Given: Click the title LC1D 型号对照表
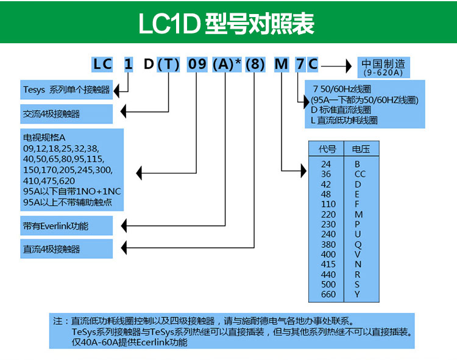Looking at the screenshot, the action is pyautogui.click(x=227, y=23).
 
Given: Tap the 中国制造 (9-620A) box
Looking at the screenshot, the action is pyautogui.click(x=383, y=67).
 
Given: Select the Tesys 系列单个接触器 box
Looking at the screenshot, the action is pyautogui.click(x=66, y=90).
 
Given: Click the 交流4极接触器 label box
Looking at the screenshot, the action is pyautogui.click(x=66, y=114).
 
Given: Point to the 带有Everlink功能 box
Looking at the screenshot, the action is pyautogui.click(x=66, y=226).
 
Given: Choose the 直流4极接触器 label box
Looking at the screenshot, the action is pyautogui.click(x=66, y=249).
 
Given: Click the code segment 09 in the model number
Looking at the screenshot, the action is pyautogui.click(x=197, y=64).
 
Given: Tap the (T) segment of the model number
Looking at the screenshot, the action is pyautogui.click(x=168, y=64).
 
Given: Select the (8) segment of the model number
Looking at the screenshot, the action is pyautogui.click(x=255, y=64).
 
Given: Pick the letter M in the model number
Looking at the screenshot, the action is pyautogui.click(x=282, y=64).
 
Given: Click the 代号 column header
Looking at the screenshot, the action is pyautogui.click(x=327, y=149).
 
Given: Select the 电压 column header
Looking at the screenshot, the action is pyautogui.click(x=361, y=149).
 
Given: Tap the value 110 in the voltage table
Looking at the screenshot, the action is pyautogui.click(x=328, y=204).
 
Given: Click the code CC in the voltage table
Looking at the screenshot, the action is pyautogui.click(x=360, y=174).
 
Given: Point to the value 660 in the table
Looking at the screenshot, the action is pyautogui.click(x=328, y=294).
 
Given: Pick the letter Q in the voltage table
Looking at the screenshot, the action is pyautogui.click(x=358, y=245).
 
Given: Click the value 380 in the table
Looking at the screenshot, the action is pyautogui.click(x=328, y=245).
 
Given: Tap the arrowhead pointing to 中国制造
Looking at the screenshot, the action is pyautogui.click(x=349, y=66).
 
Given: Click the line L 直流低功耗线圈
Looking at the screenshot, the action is pyautogui.click(x=344, y=120).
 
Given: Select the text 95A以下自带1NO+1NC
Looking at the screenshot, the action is pyautogui.click(x=72, y=191).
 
